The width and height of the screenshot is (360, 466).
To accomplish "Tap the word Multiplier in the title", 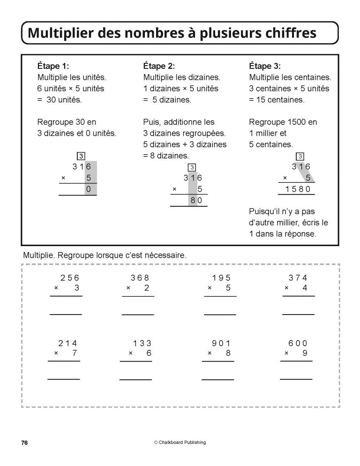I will (62, 33).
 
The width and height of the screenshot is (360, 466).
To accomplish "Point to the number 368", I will (140, 278).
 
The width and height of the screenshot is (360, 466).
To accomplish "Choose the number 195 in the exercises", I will (222, 278).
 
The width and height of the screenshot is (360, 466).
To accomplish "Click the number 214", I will (67, 343).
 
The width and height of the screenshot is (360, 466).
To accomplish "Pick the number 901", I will (222, 343).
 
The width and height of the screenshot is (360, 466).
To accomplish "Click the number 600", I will (298, 343).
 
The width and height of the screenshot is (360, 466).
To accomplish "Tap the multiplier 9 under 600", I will (305, 353).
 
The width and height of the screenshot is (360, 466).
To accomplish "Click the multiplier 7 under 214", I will (75, 353).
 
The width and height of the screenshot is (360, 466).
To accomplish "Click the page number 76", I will (25, 442).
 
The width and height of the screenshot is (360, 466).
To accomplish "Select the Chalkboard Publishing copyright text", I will (180, 442).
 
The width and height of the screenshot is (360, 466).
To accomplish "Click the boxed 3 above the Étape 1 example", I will (81, 156).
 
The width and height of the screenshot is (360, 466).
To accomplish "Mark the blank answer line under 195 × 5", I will (220, 314).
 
